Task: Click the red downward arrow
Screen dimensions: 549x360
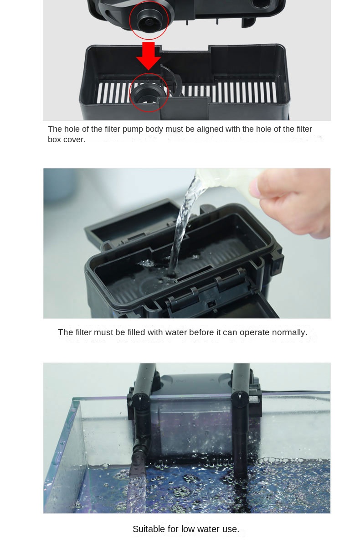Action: click(149, 56)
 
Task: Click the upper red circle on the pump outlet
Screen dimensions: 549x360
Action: click(149, 20)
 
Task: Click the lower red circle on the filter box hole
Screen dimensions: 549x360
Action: click(149, 92)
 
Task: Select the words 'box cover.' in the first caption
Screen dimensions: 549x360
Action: click(67, 140)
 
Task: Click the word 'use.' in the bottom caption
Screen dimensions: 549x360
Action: click(231, 529)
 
